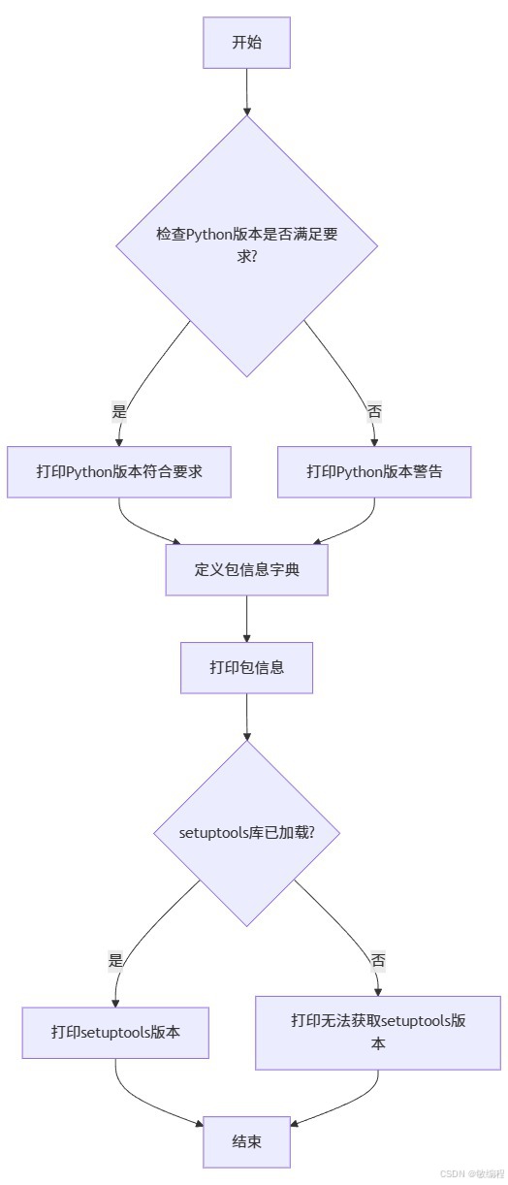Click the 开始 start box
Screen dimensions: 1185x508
tap(246, 43)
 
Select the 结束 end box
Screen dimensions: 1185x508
tap(246, 1141)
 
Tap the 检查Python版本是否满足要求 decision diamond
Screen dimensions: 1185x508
tap(246, 245)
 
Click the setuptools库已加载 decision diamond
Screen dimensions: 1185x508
tap(246, 833)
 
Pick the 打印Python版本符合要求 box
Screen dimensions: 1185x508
tap(118, 472)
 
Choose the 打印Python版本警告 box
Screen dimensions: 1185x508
tap(374, 472)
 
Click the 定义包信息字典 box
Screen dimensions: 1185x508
tap(246, 569)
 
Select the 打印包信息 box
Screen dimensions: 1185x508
tap(246, 667)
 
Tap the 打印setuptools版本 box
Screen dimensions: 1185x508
tap(115, 1032)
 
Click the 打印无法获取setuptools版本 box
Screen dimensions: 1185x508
tap(378, 1032)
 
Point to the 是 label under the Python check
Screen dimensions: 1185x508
tap(119, 411)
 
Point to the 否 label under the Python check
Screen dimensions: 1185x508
tap(374, 411)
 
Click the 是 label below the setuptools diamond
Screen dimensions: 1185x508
tap(116, 960)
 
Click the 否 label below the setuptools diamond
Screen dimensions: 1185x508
tap(378, 960)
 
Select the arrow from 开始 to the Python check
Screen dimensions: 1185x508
tap(246, 92)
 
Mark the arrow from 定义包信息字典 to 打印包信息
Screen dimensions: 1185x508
tap(246, 619)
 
